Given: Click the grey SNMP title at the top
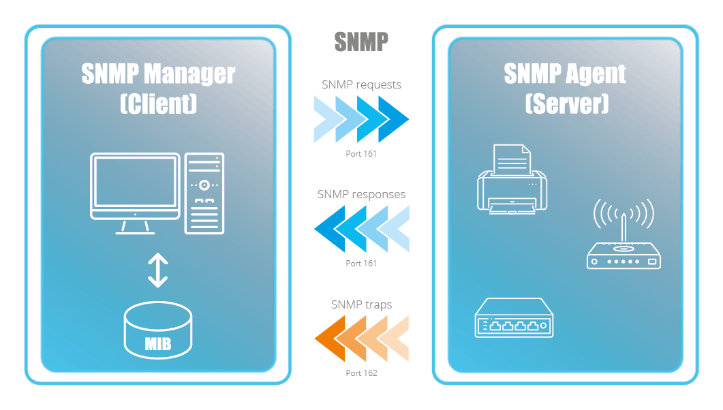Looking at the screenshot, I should tap(361, 42).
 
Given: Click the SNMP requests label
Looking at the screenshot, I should tap(361, 85).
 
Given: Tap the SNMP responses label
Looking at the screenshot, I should tap(361, 194).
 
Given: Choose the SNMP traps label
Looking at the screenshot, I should tap(361, 304).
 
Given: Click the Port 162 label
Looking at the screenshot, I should tap(361, 373).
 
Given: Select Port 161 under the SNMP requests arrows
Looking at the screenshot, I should tap(361, 154).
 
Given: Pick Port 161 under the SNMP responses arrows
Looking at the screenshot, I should tap(361, 263).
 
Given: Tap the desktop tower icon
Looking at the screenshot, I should tap(204, 193).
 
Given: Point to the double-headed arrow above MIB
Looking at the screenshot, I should tap(157, 270).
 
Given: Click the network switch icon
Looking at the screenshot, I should tap(514, 319).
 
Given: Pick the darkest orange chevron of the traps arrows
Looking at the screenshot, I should tap(328, 338).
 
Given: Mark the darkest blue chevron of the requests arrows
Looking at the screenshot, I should tap(394, 119).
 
